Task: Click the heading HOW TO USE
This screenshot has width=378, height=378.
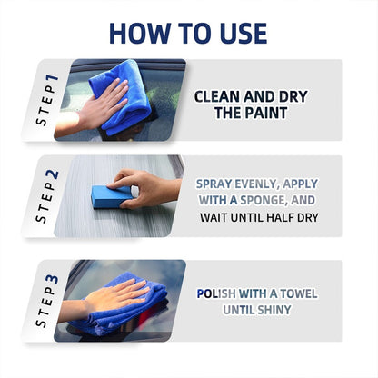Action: click(x=188, y=32)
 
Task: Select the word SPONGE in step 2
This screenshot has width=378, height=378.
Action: click(x=278, y=200)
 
